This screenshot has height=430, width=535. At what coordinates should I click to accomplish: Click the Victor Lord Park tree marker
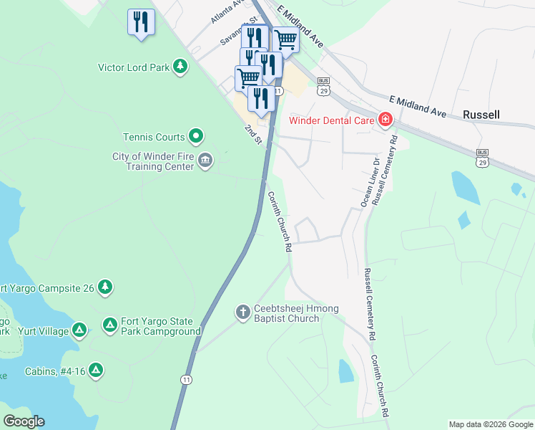(x=181, y=67)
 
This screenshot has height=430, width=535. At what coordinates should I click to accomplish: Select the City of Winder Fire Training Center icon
(x=205, y=160)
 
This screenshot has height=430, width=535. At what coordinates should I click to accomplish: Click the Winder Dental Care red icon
(x=386, y=119)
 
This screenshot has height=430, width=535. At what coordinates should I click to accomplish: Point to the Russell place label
(x=481, y=114)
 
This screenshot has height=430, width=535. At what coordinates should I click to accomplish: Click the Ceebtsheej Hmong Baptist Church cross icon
(x=242, y=312)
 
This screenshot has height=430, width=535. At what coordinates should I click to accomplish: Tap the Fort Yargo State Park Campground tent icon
(x=109, y=325)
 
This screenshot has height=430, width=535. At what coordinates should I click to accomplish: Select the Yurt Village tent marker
(x=79, y=330)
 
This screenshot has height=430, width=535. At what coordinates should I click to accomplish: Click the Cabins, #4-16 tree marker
(x=95, y=371)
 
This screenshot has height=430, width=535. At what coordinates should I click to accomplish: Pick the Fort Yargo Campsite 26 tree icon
(x=105, y=287)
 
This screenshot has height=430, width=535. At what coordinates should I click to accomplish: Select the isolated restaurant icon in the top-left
(x=141, y=21)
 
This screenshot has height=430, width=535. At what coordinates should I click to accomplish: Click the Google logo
(x=24, y=421)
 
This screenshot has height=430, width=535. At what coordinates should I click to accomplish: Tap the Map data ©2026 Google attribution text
(x=490, y=424)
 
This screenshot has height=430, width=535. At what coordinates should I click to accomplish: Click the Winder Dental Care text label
(x=332, y=120)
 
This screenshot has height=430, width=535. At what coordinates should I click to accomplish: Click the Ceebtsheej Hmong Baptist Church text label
(x=296, y=313)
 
